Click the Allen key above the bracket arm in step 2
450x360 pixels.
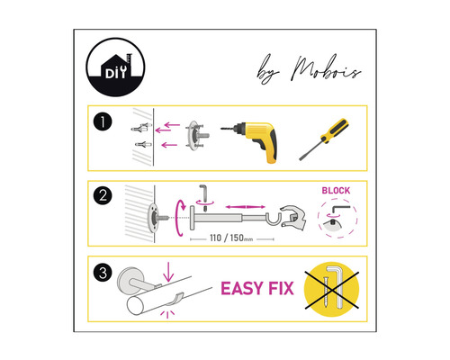(x=203, y=192)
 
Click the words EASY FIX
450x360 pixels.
(x=260, y=289)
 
